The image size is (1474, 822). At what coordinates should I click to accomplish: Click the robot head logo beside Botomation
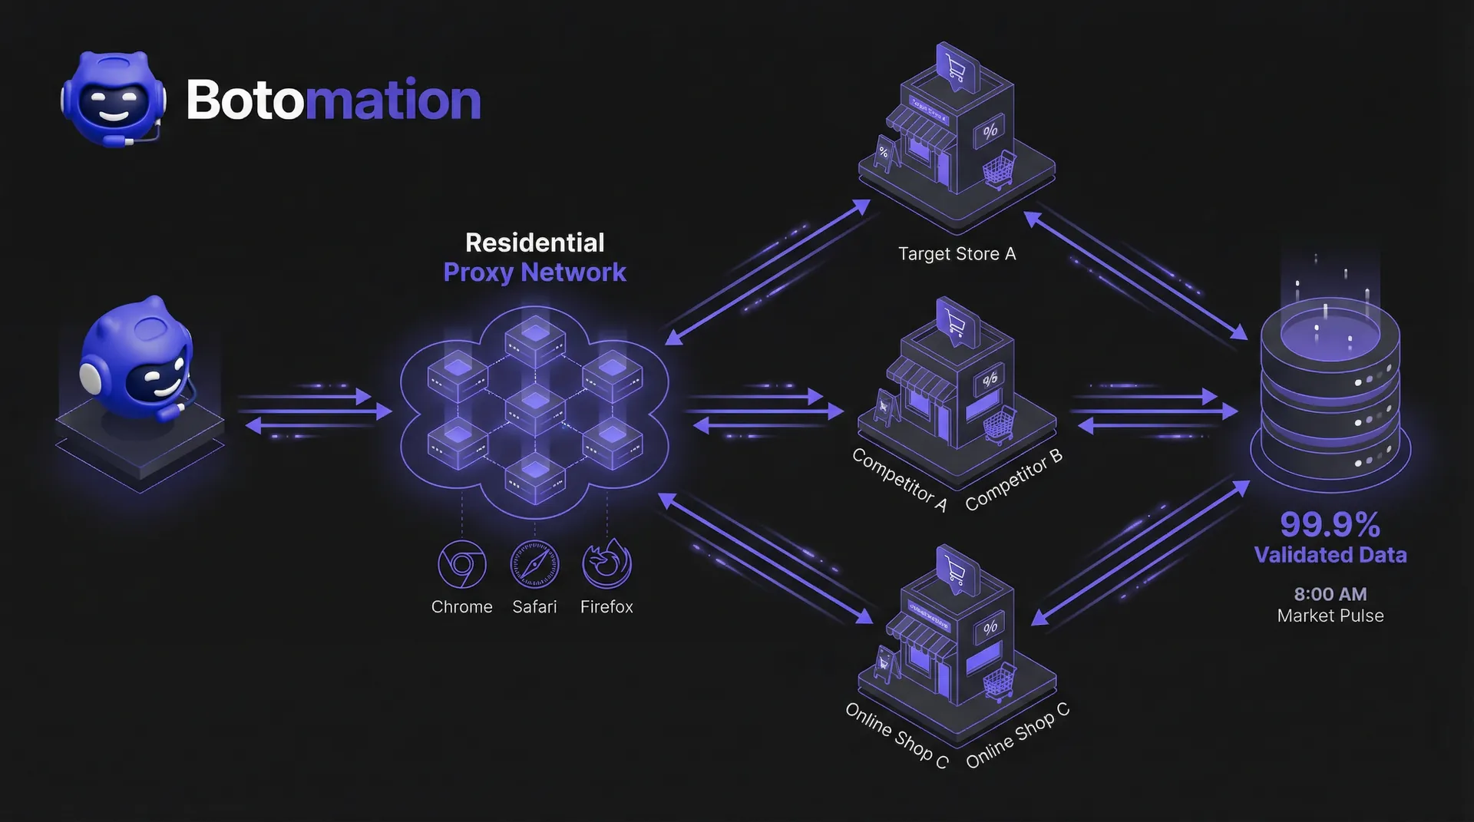pos(114,100)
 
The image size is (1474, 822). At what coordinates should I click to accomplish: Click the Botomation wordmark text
pos(333,101)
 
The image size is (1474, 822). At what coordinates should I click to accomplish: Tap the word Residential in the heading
pos(535,243)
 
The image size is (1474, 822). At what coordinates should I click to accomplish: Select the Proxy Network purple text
pos(535,272)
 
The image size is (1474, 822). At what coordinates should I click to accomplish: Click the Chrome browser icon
pos(461,564)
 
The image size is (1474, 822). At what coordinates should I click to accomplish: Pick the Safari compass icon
pos(534,564)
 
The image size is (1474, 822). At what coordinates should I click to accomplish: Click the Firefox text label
pos(606,607)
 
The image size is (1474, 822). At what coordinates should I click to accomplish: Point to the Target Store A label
pos(957,254)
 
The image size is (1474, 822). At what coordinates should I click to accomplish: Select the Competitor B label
pos(1013,480)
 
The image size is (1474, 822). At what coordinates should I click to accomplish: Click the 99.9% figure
pos(1330,525)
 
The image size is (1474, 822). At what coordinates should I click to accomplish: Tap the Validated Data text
pos(1330,555)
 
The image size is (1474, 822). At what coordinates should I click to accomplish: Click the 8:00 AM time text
pos(1330,594)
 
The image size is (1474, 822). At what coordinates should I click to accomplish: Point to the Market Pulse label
pos(1330,616)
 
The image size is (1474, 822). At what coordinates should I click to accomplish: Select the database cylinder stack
pos(1330,391)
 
